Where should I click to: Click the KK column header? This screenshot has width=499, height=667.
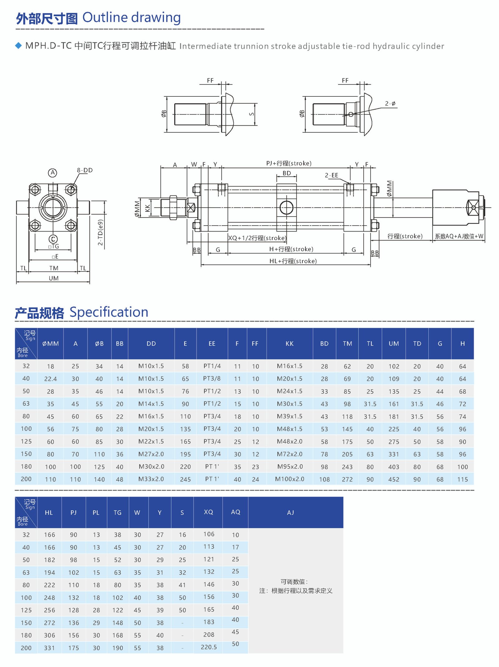point(289,343)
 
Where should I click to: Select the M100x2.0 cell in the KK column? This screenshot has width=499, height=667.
point(289,479)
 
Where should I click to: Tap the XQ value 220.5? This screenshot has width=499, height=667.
point(209,647)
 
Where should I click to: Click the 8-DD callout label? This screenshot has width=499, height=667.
point(85,170)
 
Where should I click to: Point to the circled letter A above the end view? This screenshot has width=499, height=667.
point(53,173)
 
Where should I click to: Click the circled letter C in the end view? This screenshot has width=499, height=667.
point(53,239)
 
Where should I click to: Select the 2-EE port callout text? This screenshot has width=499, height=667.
point(332,175)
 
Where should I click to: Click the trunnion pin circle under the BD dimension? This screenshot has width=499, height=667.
point(286,208)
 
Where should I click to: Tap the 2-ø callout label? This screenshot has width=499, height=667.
point(390,104)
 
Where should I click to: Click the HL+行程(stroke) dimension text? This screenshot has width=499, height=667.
point(293,261)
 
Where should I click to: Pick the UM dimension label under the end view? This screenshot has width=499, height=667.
point(54,278)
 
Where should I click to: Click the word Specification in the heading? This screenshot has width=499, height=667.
point(109,312)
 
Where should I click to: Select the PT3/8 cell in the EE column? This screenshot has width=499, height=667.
point(212,378)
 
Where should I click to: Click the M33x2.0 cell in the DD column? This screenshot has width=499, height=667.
point(151,479)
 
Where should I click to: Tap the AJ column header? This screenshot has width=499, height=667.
point(290,513)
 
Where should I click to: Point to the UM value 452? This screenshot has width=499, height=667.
point(394,479)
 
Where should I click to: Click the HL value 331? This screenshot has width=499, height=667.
point(49,648)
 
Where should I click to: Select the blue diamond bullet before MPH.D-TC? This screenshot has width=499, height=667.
point(18,46)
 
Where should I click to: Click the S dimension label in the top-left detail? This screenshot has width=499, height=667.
point(251,114)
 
